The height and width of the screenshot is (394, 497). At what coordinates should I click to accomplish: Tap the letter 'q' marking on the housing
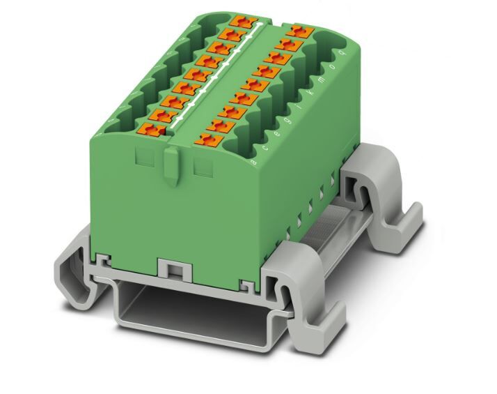pyautogui.click(x=340, y=51)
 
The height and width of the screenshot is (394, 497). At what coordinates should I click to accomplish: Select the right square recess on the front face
pyautogui.click(x=203, y=166)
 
